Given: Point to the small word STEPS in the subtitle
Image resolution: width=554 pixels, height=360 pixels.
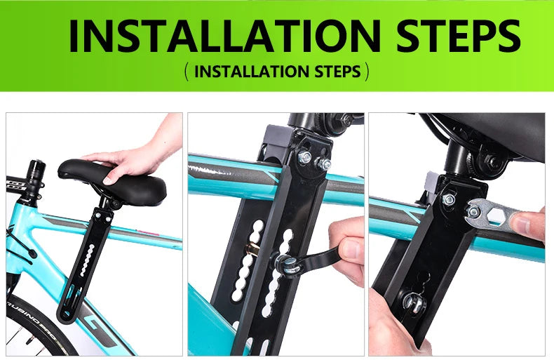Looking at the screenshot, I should pos(335,72).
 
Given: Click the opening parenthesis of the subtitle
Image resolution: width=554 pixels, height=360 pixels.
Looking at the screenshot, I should pos(186,72).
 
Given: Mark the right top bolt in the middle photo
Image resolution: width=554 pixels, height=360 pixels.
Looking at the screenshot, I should pos(324,165).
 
